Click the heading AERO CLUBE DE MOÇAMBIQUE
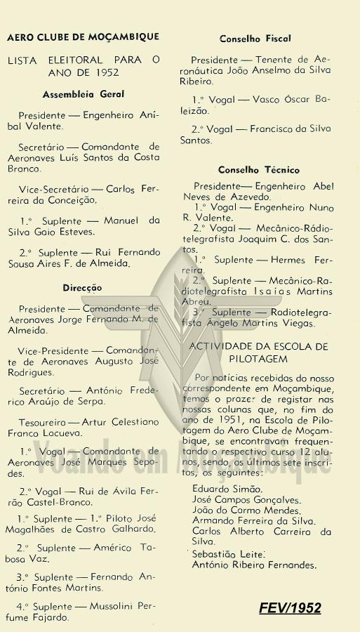tap(83, 37)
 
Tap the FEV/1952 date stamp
tap(291, 607)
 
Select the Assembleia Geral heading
tap(83, 93)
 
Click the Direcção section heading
tap(82, 287)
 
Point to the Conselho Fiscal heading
tap(255, 39)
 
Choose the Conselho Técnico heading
tap(258, 170)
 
